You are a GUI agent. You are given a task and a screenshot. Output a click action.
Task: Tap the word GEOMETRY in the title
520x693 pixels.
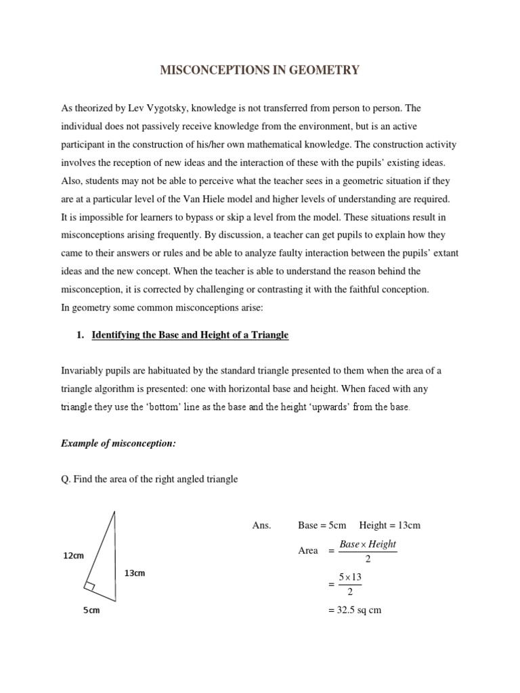click(324, 70)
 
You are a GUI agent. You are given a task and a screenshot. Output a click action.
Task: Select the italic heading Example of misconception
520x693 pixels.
click(118, 443)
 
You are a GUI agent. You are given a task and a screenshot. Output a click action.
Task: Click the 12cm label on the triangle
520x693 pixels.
click(73, 556)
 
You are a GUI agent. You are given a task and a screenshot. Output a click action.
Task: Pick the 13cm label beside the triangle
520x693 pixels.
click(135, 573)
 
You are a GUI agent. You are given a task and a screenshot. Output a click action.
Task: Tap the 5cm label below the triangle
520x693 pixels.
click(91, 610)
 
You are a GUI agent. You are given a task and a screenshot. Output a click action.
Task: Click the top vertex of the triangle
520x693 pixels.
click(114, 512)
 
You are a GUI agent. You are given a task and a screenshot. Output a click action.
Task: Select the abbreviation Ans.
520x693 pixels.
click(261, 525)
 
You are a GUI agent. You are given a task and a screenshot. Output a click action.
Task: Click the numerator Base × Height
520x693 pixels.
click(368, 544)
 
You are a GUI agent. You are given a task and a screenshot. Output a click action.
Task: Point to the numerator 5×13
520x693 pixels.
click(350, 577)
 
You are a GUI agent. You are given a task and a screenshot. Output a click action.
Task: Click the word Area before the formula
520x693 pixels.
click(308, 551)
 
